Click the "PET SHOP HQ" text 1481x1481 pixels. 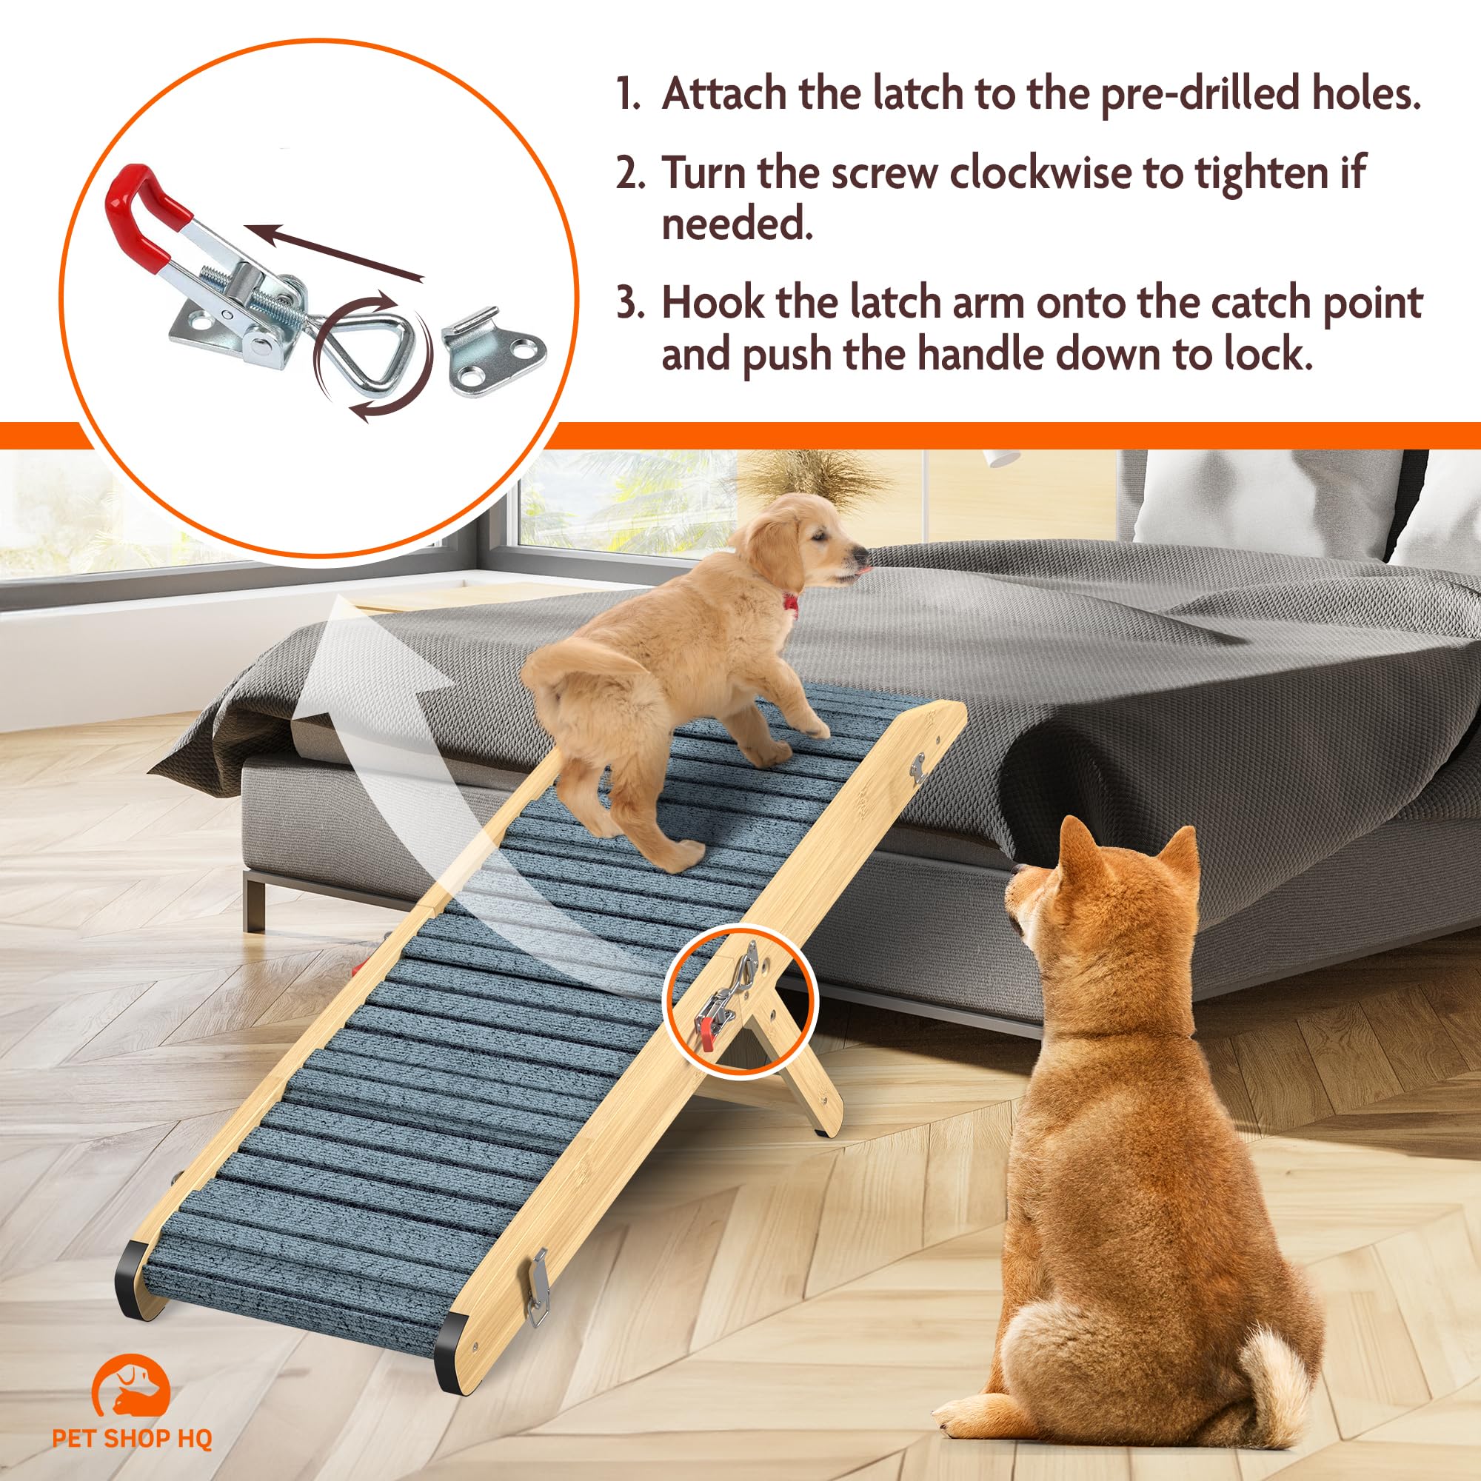132,1439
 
